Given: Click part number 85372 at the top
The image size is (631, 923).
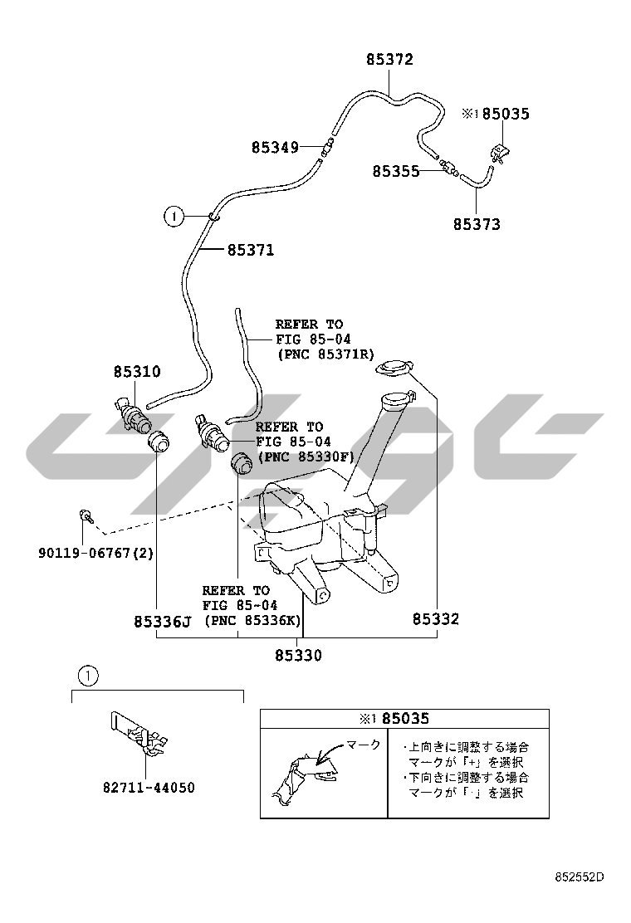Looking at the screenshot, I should [389, 60].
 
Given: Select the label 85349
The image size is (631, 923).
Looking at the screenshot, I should [275, 148].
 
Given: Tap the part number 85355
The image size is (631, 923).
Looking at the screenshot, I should [395, 171].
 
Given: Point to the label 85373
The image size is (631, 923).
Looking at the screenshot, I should [477, 224].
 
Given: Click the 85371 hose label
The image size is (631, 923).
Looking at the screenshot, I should [250, 250].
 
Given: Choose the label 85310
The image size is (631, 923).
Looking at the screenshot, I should [137, 372].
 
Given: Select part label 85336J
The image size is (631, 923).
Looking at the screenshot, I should [163, 621].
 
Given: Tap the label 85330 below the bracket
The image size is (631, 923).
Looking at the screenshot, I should [298, 656].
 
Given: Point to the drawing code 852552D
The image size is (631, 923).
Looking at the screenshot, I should [580, 877].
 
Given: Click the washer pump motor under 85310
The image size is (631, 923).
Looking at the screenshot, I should [133, 413].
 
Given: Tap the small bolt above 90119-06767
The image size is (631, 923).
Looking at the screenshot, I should [86, 517].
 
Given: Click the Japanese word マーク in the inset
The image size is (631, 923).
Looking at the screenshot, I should [363, 745].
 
